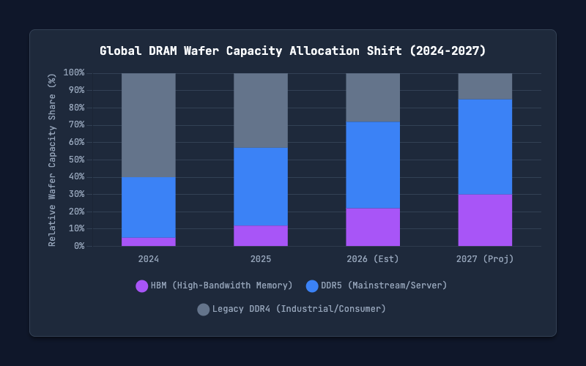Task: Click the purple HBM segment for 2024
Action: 149,242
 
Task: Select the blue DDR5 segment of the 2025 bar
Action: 261,187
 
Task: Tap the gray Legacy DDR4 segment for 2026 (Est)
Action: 373,97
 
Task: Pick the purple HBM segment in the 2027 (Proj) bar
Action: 485,220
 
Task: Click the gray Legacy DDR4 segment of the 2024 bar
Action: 149,125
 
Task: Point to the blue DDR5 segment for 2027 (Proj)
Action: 485,147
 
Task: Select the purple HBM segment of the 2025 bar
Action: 261,236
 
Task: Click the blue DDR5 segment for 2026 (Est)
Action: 373,165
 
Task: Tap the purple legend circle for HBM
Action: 142,286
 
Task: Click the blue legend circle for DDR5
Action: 312,286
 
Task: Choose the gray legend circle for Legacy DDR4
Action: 204,310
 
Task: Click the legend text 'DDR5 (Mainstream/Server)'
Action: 384,285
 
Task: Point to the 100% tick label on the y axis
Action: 74,72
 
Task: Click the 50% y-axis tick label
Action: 76,160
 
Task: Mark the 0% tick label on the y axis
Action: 79,246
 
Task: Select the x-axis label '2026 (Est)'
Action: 373,259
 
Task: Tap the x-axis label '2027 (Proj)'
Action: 485,259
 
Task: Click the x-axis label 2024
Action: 149,259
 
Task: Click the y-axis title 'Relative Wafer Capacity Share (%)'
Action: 52,160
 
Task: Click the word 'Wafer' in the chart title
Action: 201,51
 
